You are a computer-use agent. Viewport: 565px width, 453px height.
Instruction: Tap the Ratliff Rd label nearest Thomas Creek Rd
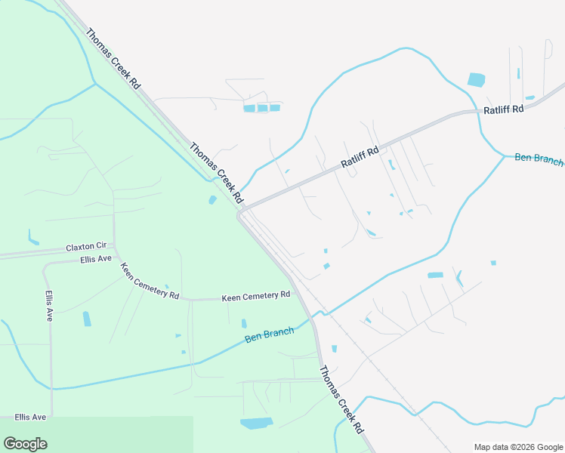(358, 157)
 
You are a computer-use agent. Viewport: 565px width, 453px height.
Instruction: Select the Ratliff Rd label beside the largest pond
(504, 109)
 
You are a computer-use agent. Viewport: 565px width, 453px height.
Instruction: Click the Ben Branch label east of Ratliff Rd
(539, 158)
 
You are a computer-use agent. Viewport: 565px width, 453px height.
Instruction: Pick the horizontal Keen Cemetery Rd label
(256, 297)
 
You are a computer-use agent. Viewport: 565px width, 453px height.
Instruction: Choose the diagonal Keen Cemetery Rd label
(150, 281)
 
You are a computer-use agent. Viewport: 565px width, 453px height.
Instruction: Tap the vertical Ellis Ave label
(49, 306)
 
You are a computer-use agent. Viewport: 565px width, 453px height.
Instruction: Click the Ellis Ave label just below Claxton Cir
(95, 259)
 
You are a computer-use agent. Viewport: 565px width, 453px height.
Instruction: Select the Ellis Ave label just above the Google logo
(30, 417)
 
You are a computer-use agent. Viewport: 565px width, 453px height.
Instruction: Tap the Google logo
(25, 444)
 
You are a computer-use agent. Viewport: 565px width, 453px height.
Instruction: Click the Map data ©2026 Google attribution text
(517, 447)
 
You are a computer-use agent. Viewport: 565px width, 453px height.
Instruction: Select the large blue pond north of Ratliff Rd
(477, 79)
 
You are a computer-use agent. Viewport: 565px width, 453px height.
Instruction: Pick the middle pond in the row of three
(262, 108)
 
